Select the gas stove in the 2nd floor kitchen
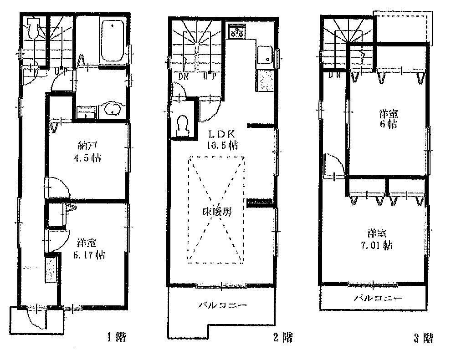tap(237, 30)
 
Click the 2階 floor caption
tap(282, 338)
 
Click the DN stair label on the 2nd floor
tap(184, 76)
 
